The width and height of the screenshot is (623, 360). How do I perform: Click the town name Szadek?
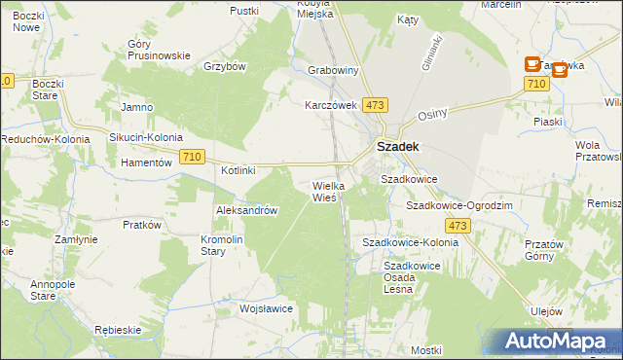pyautogui.click(x=399, y=147)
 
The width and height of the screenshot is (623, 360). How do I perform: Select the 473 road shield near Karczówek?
pyautogui.click(x=374, y=104)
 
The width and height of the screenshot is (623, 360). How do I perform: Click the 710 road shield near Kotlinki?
pyautogui.click(x=192, y=157)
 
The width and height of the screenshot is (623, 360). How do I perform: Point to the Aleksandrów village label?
pyautogui.click(x=247, y=210)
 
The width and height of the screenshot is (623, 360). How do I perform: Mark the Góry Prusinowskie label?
pyautogui.click(x=159, y=50)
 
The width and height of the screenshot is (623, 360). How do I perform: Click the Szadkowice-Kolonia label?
pyautogui.click(x=410, y=241)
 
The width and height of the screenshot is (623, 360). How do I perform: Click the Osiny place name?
pyautogui.click(x=432, y=113)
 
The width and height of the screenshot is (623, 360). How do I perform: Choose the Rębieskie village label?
pyautogui.click(x=119, y=330)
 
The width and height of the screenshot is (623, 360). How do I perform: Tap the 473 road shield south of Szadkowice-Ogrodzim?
pyautogui.click(x=460, y=226)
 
